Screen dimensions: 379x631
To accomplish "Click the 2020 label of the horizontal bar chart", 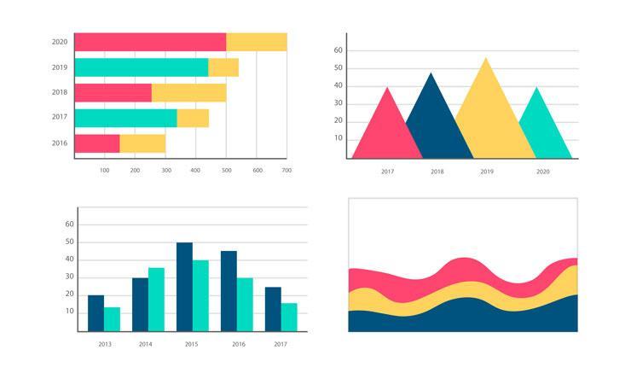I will [60, 42].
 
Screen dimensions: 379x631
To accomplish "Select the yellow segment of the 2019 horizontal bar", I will [223, 67].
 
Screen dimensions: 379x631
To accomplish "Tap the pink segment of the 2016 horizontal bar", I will [96, 143].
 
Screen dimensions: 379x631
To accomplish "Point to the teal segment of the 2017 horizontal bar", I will [125, 118].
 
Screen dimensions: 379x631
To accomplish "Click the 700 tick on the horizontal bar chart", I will [287, 171].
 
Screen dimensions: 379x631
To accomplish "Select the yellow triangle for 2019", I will [488, 111].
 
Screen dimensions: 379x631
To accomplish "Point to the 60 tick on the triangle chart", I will [338, 50].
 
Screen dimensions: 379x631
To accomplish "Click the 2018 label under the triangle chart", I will [437, 172].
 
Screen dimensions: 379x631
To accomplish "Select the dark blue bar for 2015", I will [184, 287].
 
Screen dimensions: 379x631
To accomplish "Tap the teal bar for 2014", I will [156, 300].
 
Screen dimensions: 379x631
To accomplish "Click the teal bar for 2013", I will [112, 319].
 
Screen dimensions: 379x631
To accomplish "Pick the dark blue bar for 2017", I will [273, 309].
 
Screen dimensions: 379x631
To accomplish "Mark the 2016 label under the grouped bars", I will [239, 344].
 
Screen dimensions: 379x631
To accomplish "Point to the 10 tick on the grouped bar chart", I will [70, 312].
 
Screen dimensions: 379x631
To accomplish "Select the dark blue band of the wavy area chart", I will [460, 318].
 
